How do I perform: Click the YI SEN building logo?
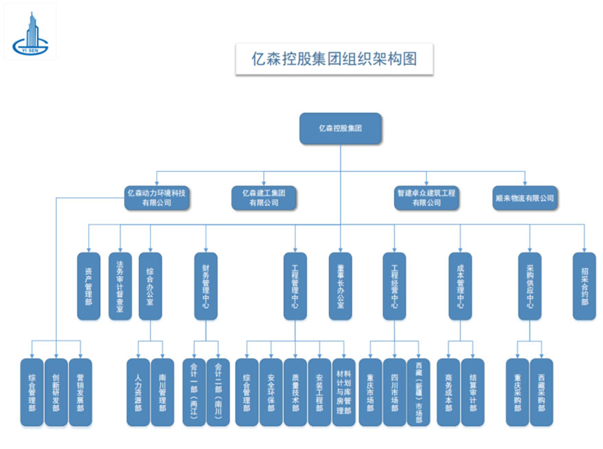tap(30, 32)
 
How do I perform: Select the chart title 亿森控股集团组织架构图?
tap(334, 59)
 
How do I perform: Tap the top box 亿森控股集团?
tap(340, 128)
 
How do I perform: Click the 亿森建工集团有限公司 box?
tap(264, 198)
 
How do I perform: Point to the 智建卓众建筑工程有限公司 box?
tap(426, 198)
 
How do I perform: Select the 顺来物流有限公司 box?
tap(524, 198)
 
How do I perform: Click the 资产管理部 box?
tap(88, 286)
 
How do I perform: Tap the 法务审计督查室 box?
tap(120, 286)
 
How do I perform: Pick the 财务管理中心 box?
tap(206, 286)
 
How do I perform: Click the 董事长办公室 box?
tap(340, 286)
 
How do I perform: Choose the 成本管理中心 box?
tap(460, 286)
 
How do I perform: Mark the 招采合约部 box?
tap(584, 286)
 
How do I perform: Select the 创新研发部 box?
tap(56, 392)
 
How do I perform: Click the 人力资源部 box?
tap(138, 392)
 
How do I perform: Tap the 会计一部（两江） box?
tap(194, 392)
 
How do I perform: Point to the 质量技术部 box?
tap(295, 392)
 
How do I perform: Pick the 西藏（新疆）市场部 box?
tap(418, 392)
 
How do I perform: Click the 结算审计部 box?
tap(472, 392)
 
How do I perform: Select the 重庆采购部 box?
tap(517, 392)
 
